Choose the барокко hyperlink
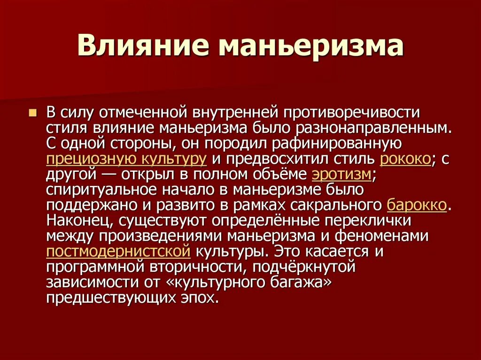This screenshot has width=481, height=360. click(x=417, y=205)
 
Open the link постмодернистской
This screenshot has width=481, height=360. click(x=118, y=251)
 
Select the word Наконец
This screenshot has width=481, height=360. click(x=78, y=220)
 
